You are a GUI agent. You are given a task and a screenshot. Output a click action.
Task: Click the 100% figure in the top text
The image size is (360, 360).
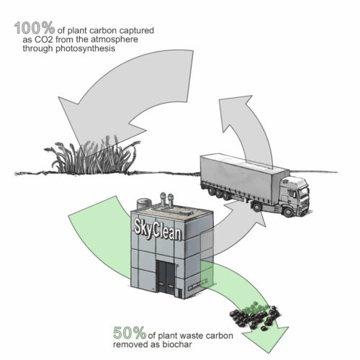pos(32,30)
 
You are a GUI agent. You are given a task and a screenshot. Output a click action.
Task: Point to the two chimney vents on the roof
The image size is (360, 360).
pos(167,201)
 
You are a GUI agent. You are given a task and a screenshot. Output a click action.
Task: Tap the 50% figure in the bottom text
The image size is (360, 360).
pos(130,333)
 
